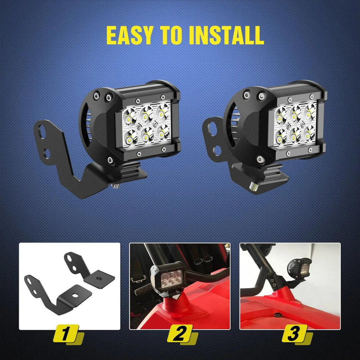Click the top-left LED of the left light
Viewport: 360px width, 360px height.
coord(129,117)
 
